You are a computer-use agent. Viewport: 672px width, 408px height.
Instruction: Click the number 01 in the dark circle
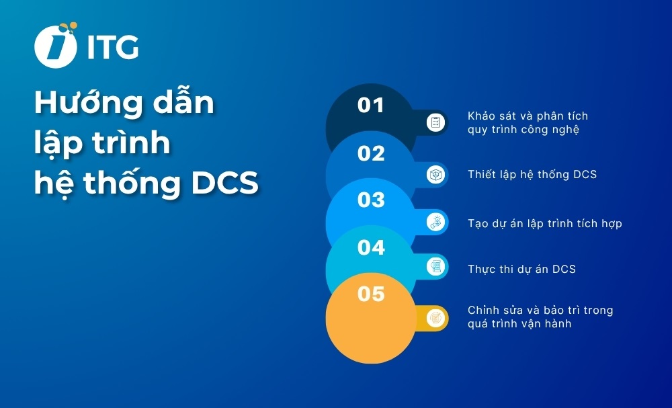click(x=370, y=106)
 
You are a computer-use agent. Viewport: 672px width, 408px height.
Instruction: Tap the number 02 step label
click(x=370, y=154)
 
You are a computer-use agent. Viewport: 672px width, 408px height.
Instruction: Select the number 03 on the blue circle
click(x=371, y=200)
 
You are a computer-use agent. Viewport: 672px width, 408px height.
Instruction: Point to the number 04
click(x=371, y=248)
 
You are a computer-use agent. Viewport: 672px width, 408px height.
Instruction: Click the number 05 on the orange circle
click(x=371, y=294)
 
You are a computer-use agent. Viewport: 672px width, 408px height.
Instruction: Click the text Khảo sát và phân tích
click(x=528, y=116)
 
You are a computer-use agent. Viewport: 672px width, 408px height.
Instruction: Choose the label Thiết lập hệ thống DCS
click(x=532, y=174)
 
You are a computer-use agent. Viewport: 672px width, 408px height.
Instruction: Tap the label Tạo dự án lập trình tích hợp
click(x=544, y=223)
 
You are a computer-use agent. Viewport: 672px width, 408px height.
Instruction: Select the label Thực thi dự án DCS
click(x=521, y=269)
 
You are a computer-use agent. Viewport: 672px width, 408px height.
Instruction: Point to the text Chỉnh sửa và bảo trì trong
click(x=540, y=310)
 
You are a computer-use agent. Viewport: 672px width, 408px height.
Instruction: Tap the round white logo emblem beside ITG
click(x=55, y=46)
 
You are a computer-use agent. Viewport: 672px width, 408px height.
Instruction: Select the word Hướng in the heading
click(x=81, y=104)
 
